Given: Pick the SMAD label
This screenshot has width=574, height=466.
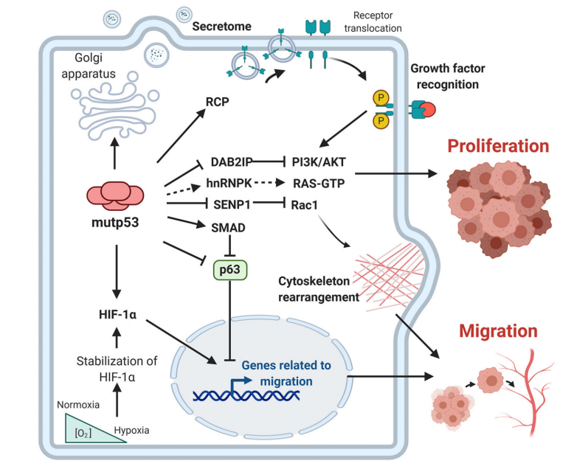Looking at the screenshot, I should pos(227,228).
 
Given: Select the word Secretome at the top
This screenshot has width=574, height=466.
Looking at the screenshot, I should pos(222,26).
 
